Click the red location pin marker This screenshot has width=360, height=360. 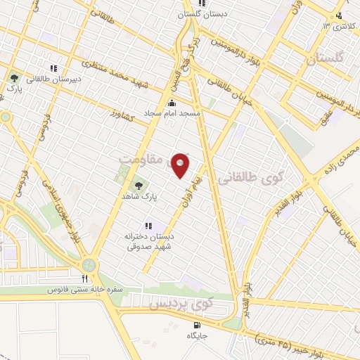(181, 165)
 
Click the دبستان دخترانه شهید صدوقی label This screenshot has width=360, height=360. (149, 242)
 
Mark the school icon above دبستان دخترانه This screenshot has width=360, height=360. (148, 226)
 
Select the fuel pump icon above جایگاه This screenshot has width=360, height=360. (196, 324)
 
